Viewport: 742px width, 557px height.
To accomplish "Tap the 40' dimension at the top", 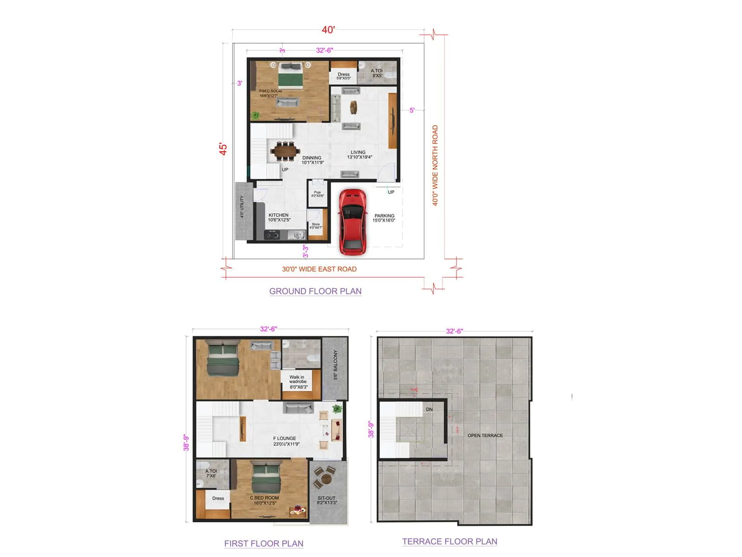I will point(328,30).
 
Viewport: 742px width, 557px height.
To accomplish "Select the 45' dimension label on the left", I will point(224,149).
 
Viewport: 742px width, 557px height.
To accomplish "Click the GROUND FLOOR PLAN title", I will point(315,291).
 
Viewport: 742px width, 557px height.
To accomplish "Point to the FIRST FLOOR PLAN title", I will point(263,543).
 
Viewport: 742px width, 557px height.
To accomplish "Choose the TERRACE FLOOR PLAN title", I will point(449,541).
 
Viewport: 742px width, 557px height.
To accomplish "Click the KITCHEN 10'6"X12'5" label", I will point(279,217).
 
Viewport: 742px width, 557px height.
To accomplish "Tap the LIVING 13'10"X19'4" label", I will point(359,155).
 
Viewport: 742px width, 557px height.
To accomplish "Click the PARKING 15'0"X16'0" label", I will point(384,218).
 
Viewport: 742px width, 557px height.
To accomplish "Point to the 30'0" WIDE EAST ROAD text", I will point(319,269).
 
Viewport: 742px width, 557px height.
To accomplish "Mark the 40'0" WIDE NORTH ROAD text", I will point(435,165).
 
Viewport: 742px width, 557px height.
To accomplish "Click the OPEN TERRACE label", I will point(485,435).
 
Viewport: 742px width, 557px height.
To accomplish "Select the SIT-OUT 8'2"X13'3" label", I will point(327,500).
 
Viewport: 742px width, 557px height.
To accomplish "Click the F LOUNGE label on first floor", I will point(285,441).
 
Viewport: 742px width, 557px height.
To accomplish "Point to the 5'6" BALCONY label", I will point(335,365).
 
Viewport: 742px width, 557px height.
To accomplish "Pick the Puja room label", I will point(317,194).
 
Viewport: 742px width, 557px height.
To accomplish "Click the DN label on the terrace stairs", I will point(429,409).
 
